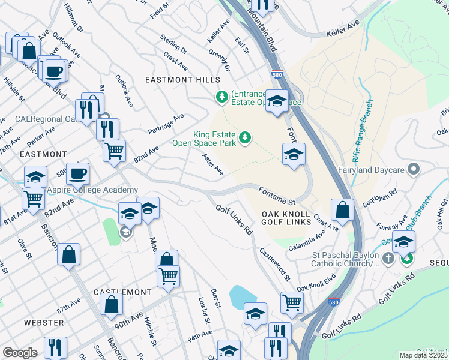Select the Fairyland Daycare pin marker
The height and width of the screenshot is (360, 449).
tap(412, 170)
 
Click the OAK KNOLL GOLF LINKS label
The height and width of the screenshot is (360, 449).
tap(286, 218)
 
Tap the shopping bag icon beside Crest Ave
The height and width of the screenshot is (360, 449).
tap(342, 210)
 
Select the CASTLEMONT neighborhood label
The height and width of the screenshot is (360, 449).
tap(122, 292)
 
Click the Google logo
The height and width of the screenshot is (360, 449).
tap(20, 352)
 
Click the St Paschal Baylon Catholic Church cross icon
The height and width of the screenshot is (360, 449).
tap(388, 259)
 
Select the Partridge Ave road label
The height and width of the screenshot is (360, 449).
tap(166, 124)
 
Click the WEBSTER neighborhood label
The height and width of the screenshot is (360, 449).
tap(44, 323)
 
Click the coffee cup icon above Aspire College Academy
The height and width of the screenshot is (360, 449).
tap(78, 174)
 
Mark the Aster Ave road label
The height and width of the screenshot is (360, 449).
tap(213, 164)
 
